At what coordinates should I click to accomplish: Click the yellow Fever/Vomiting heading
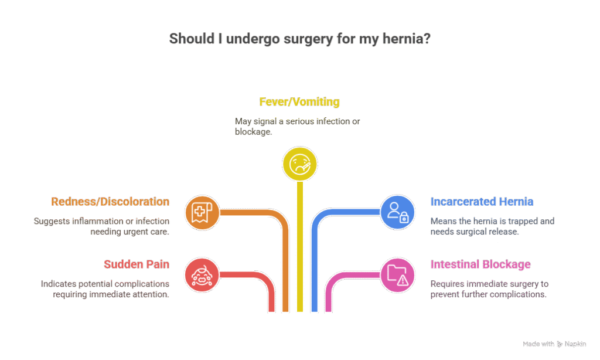click(x=299, y=102)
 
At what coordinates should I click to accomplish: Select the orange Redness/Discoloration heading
click(x=110, y=202)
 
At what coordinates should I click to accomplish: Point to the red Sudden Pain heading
click(x=137, y=264)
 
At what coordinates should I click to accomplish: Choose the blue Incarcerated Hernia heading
click(x=482, y=202)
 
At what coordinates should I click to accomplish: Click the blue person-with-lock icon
click(x=398, y=212)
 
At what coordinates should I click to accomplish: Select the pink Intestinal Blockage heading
click(x=480, y=264)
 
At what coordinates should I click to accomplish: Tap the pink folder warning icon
click(x=398, y=274)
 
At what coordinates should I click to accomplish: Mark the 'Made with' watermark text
click(x=538, y=344)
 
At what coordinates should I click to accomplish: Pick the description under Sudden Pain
click(x=105, y=289)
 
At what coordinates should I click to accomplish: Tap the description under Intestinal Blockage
click(x=489, y=289)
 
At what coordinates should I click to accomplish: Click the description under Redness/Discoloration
click(x=101, y=226)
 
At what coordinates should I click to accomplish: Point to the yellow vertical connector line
click(x=300, y=246)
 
